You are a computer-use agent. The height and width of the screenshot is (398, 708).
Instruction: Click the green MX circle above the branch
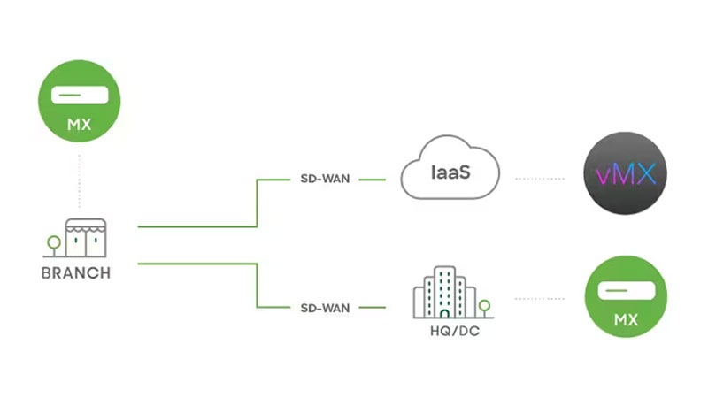point(80,104)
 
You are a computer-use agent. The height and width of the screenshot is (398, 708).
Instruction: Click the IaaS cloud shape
point(450,170)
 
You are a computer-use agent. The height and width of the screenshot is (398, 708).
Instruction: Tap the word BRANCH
point(76,273)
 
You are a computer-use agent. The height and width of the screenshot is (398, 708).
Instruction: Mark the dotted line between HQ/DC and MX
point(539,299)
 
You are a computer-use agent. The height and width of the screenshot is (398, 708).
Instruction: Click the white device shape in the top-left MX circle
point(80,94)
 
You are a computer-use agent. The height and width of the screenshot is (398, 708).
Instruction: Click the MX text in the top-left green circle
point(80,125)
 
